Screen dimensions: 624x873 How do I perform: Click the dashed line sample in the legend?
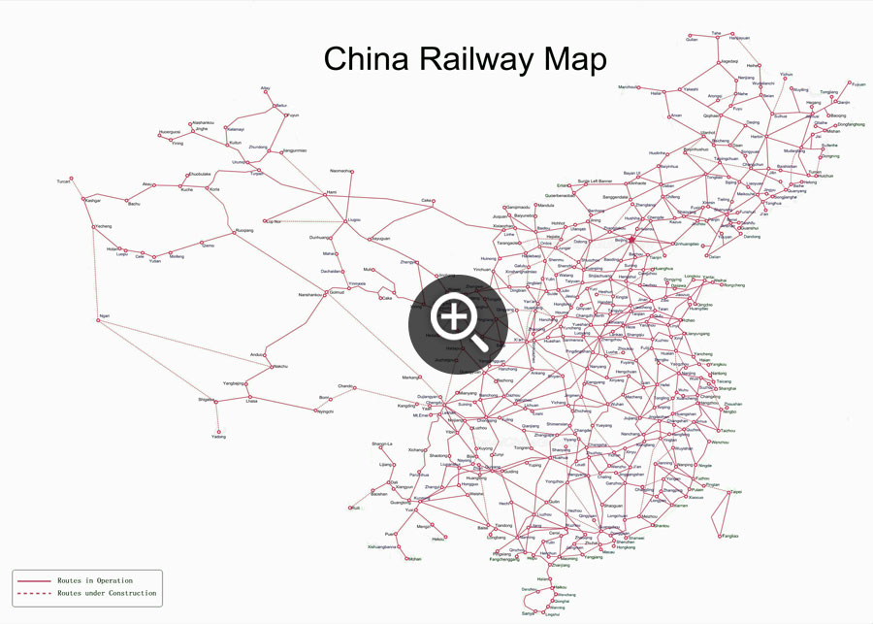pyautogui.click(x=34, y=592)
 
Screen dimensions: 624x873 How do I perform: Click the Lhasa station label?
pyautogui.click(x=251, y=400)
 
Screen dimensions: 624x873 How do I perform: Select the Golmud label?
pyautogui.click(x=338, y=292)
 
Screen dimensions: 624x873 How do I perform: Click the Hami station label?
pyautogui.click(x=330, y=192)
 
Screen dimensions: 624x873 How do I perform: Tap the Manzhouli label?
pyautogui.click(x=629, y=87)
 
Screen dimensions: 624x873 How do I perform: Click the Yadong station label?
pyautogui.click(x=219, y=437)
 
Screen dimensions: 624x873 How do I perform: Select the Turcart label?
pyautogui.click(x=64, y=181)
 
